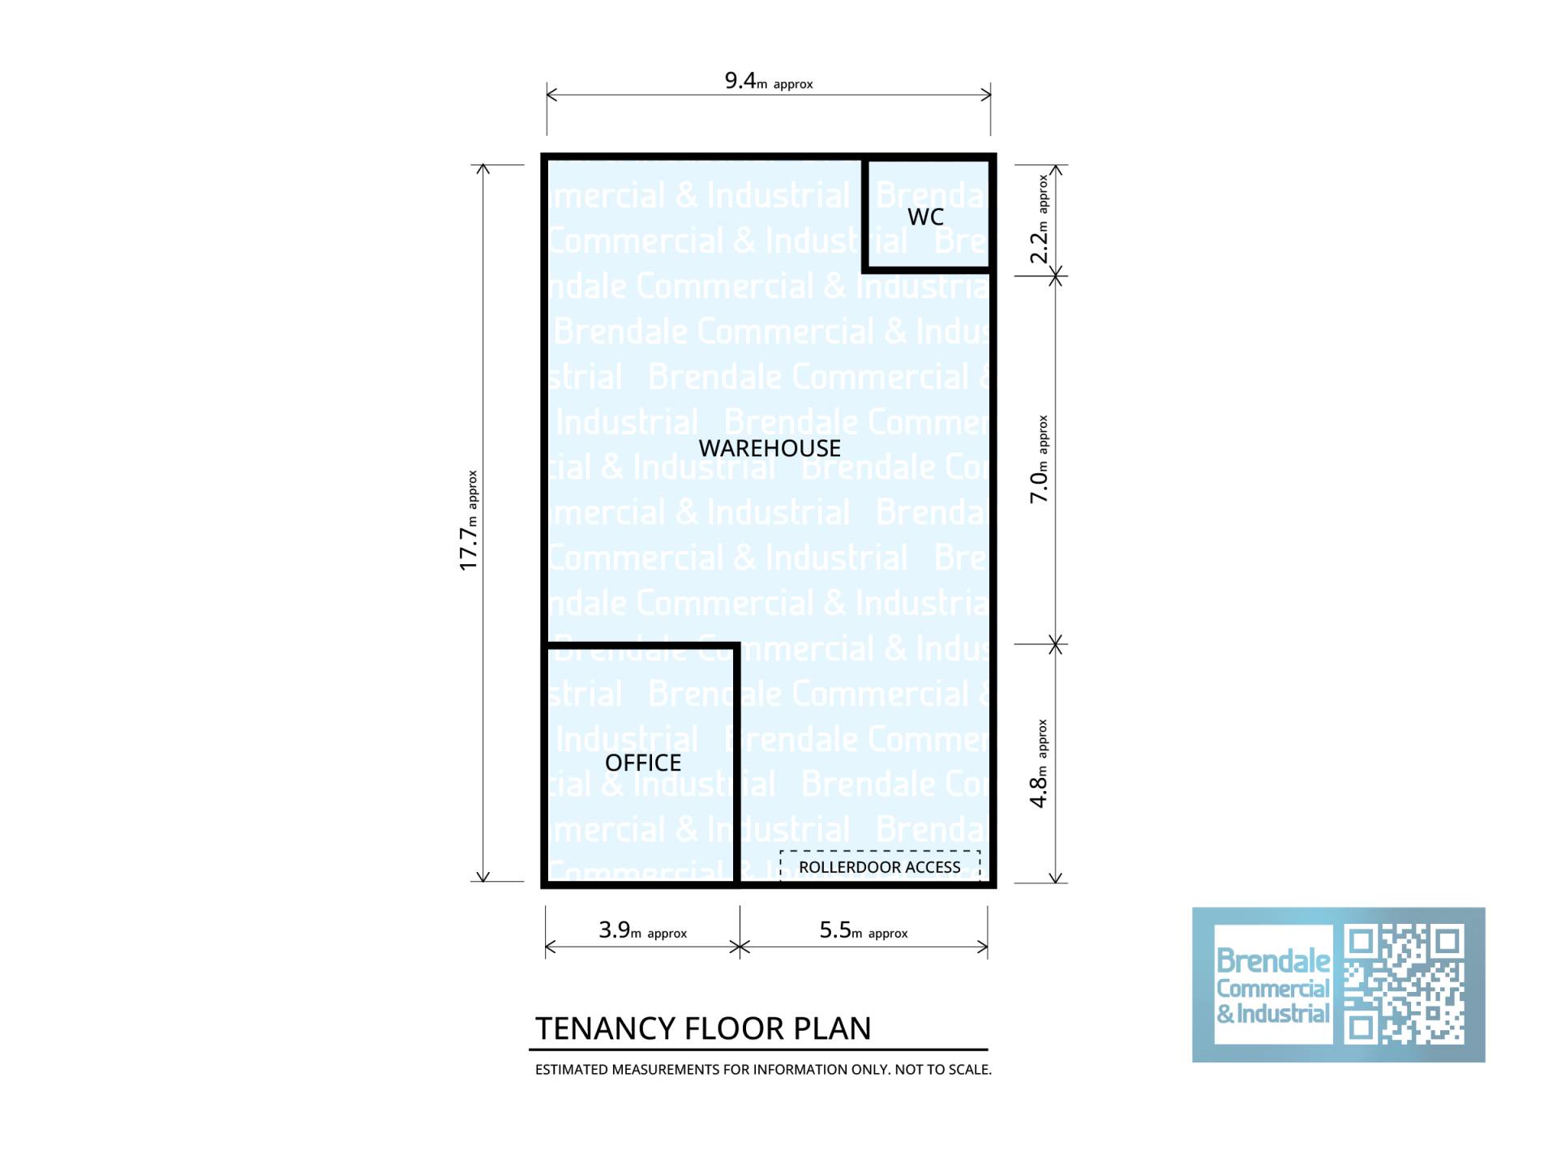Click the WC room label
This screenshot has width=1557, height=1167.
tap(925, 216)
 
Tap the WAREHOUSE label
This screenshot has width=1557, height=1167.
tap(770, 448)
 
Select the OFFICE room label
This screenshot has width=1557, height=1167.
tap(643, 763)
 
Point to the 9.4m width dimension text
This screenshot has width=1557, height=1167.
tap(769, 81)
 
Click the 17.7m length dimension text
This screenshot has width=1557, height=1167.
tap(469, 520)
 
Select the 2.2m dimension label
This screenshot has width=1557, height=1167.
tap(1039, 220)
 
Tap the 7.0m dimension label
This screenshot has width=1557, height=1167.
tap(1039, 460)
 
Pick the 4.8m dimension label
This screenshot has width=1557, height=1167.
tap(1039, 763)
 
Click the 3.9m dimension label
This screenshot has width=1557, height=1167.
tap(643, 930)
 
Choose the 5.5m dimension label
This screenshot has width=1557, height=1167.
tap(864, 930)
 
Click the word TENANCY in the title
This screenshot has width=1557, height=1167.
tap(605, 1028)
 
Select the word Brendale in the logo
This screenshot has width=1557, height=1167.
tap(1273, 961)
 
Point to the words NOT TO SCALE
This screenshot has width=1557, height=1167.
tap(943, 1070)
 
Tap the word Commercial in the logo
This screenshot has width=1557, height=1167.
tap(1273, 989)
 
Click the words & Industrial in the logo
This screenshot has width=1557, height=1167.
tap(1273, 1014)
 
